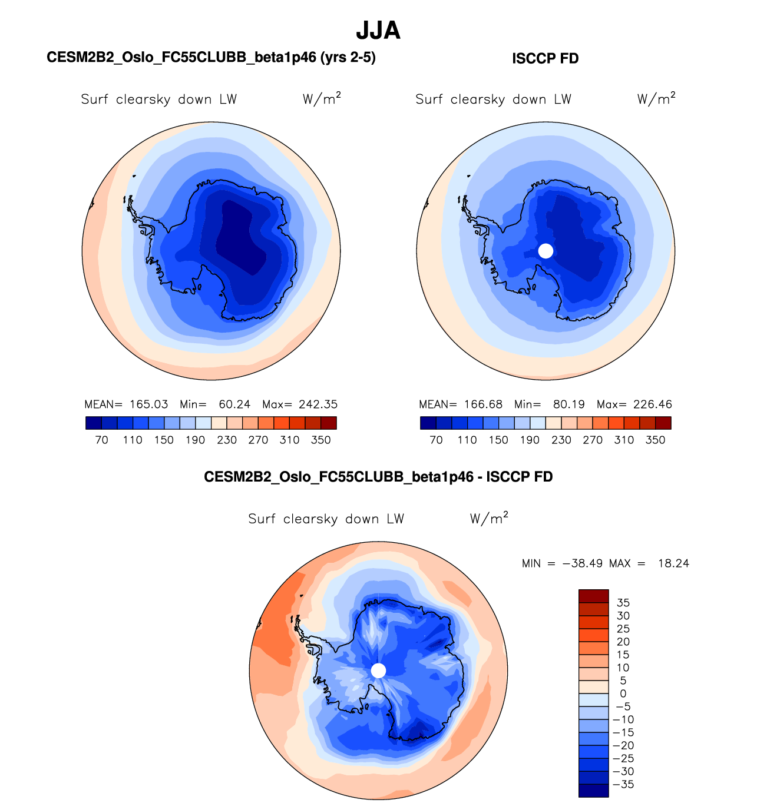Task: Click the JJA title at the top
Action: [x=378, y=31]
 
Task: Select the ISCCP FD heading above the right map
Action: [x=546, y=59]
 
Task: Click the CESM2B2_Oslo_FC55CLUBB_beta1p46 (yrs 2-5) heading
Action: [x=211, y=58]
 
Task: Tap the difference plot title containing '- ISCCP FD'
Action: [x=378, y=477]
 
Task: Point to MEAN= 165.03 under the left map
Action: [x=126, y=404]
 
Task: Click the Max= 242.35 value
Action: [x=300, y=404]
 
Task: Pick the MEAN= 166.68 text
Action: [x=461, y=404]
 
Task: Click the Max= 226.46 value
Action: [x=634, y=404]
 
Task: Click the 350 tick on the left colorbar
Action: [x=321, y=440]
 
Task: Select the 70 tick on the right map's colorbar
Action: [x=436, y=440]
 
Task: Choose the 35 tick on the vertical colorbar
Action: [x=623, y=603]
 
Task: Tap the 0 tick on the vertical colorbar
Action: [x=623, y=693]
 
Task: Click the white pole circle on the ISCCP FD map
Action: [x=546, y=251]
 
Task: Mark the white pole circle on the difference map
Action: [x=379, y=671]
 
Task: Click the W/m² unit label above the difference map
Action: [x=489, y=518]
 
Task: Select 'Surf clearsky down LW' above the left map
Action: [x=159, y=99]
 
